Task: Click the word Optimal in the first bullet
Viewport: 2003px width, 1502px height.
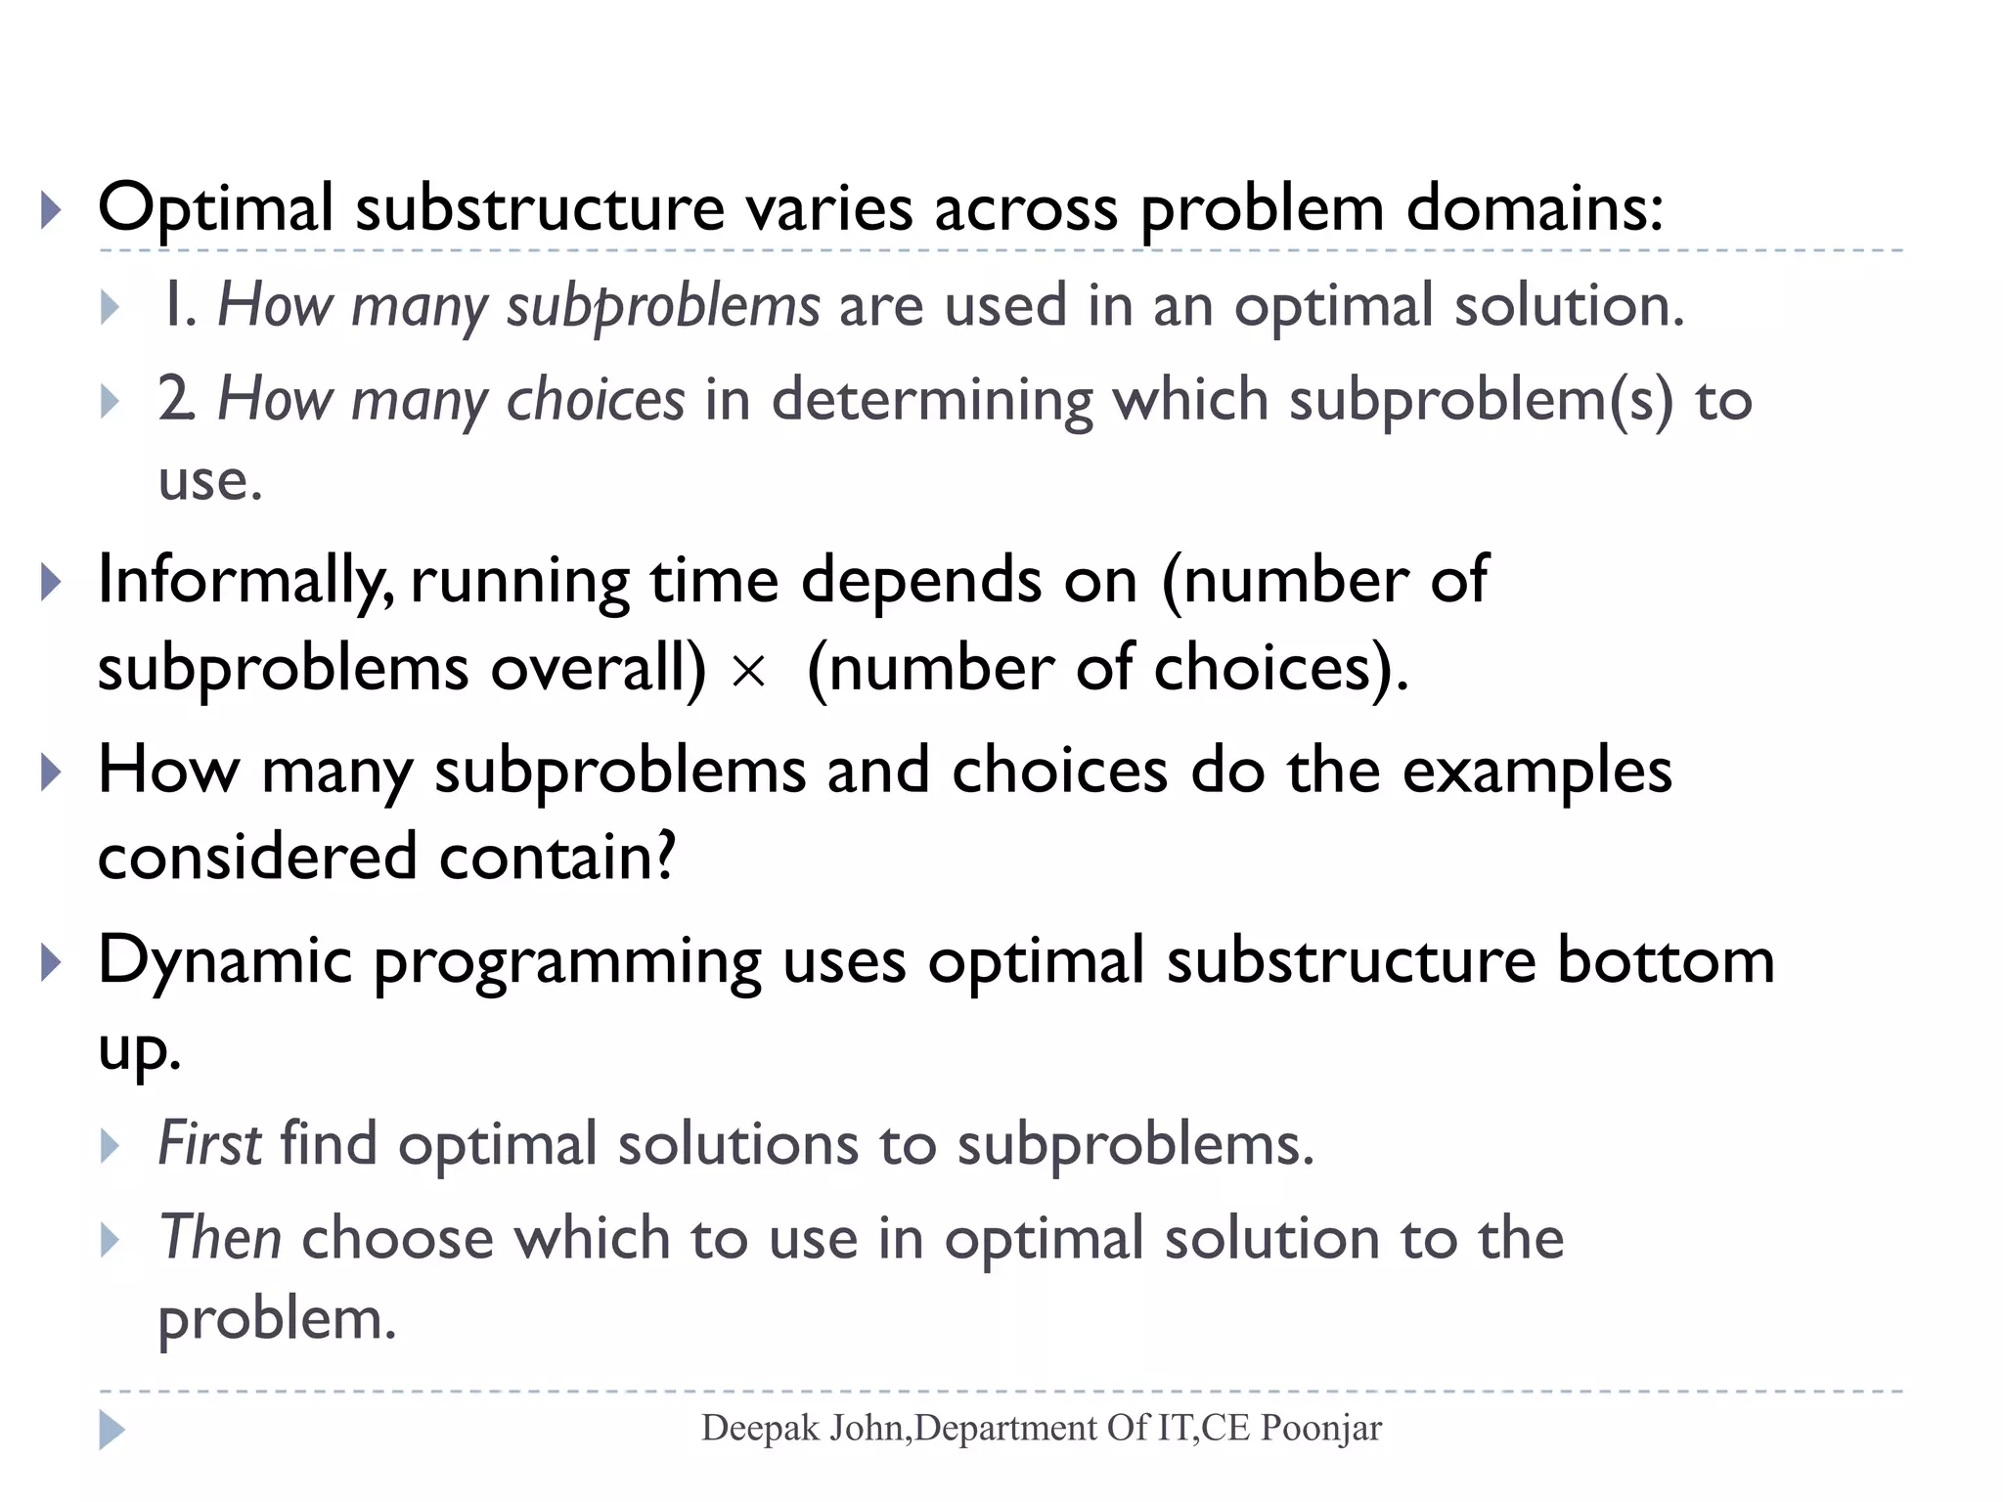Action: (x=215, y=208)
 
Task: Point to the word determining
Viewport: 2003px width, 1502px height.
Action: (x=931, y=400)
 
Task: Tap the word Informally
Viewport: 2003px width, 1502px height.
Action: (x=245, y=582)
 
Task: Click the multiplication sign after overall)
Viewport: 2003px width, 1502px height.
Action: (x=748, y=672)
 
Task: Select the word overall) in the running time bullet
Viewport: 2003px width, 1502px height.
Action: (x=598, y=669)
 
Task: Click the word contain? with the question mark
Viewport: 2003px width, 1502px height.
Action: (x=556, y=858)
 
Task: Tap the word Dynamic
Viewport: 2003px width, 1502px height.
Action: (x=224, y=961)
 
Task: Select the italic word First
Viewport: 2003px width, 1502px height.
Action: (x=209, y=1143)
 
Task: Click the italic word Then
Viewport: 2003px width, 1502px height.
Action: (x=220, y=1237)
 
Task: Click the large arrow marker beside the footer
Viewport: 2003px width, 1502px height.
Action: (x=111, y=1430)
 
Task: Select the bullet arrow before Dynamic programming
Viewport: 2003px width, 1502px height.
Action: (x=52, y=963)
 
